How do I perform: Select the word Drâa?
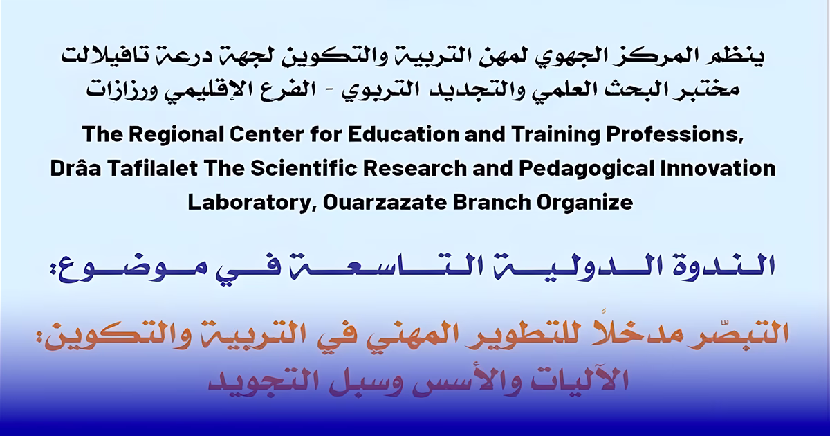76,170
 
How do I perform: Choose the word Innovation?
718,170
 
